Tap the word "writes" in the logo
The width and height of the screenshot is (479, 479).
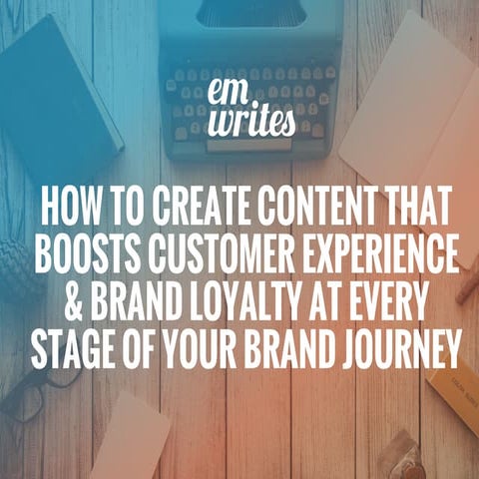[239, 122]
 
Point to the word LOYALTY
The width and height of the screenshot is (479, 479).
[236, 300]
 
